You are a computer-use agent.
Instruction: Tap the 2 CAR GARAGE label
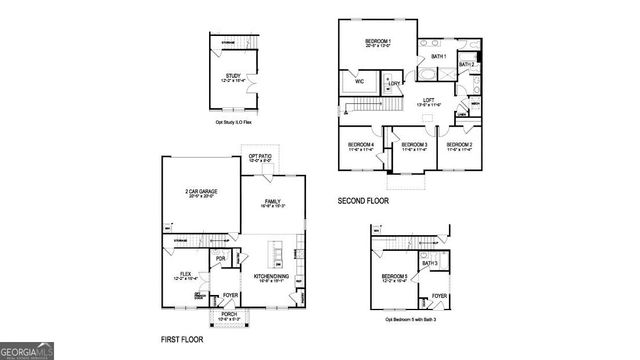coord(201,191)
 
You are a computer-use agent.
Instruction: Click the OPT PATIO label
coord(261,156)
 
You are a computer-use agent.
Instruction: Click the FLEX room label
coord(185,272)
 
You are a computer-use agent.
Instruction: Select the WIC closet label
coord(358,82)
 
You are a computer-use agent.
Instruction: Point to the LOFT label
coord(427,100)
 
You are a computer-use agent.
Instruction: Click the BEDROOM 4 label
coord(360,145)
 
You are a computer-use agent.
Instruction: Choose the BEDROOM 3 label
coord(414,145)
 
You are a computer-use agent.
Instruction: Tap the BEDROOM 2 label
coord(459,145)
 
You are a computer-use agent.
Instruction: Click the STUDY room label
coord(233,75)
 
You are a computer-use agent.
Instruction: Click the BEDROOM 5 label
coord(394,276)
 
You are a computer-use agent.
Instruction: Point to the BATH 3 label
coord(429,263)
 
